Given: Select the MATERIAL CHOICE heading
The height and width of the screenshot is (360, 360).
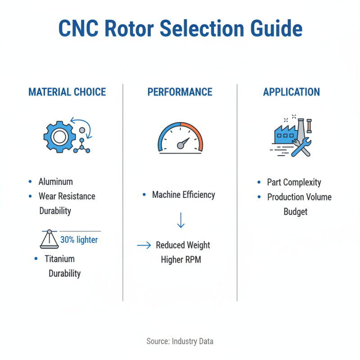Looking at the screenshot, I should coord(67,92).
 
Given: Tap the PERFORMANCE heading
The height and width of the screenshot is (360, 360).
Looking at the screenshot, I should coord(180,92).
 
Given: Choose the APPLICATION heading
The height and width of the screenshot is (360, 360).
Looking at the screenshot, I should coord(292,92).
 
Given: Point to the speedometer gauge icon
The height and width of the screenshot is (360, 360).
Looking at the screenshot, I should coord(180,138).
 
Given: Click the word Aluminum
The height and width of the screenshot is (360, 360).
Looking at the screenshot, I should coord(56,182).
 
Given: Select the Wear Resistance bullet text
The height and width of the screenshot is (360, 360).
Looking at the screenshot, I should coord(67,196).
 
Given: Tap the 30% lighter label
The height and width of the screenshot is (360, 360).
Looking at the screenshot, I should coord(79,240).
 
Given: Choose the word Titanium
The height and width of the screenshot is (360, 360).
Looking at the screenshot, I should coord(59,259).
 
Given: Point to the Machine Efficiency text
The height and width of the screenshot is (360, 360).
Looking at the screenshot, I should coord(184,195).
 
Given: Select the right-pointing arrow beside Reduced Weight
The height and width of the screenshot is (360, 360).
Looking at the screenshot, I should coord(144,246).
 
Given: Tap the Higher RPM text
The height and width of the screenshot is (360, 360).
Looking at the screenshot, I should coord(180,260).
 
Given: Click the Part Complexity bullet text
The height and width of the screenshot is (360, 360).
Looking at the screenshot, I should coord(294,182).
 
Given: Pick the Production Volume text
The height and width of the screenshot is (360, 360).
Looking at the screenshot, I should coord(299,197).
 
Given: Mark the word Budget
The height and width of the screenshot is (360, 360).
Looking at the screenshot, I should coord(295,211).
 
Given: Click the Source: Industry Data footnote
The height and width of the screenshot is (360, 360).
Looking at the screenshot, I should coord(180,341).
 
